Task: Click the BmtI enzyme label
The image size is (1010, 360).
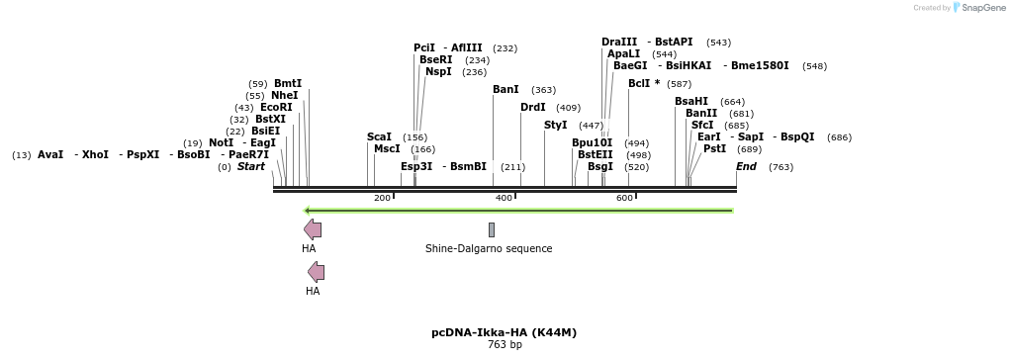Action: click(288, 83)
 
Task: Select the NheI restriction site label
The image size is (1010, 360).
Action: click(284, 95)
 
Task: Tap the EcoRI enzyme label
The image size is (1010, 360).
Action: click(276, 107)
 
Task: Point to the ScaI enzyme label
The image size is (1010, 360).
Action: click(379, 136)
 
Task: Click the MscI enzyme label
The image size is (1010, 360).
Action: click(387, 148)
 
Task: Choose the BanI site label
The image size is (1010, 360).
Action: click(505, 89)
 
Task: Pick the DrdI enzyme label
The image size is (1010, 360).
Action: click(532, 107)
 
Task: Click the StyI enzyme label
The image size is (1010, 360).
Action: click(556, 125)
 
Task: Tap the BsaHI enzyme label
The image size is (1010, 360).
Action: click(691, 101)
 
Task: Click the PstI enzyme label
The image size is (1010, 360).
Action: click(714, 148)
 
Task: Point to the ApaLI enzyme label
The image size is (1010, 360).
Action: click(623, 53)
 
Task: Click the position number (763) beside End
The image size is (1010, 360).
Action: click(780, 167)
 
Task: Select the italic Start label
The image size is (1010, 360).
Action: click(250, 166)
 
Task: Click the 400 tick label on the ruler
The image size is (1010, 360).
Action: click(504, 199)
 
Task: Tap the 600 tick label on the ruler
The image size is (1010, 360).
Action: click(624, 199)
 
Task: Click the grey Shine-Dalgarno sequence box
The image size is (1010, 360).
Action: click(491, 229)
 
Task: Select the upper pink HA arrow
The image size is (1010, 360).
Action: click(313, 229)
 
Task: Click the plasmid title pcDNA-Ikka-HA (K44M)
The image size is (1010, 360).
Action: click(504, 332)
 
